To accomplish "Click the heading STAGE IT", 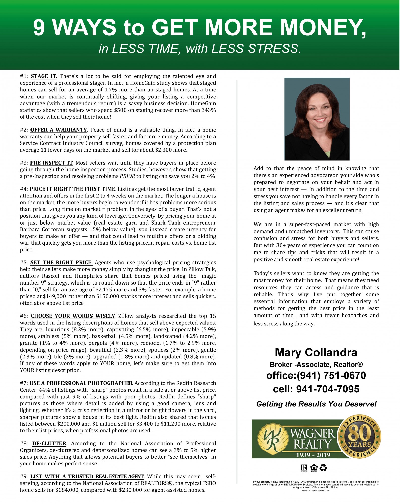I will (44, 76).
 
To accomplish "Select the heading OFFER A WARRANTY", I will (58, 130).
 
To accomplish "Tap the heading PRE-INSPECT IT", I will (51, 163).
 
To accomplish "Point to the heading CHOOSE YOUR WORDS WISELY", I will (73, 316).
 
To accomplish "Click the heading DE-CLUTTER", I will (49, 443).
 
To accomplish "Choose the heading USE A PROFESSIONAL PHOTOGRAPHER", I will (81, 383).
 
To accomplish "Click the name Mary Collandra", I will (316, 352).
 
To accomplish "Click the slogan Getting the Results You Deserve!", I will (316, 404).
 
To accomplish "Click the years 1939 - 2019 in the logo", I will (310, 455).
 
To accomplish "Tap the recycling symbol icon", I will (323, 468).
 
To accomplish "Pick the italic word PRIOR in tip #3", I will (127, 176).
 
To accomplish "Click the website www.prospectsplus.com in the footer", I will (316, 490).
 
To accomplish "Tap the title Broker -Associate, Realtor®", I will (316, 364).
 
